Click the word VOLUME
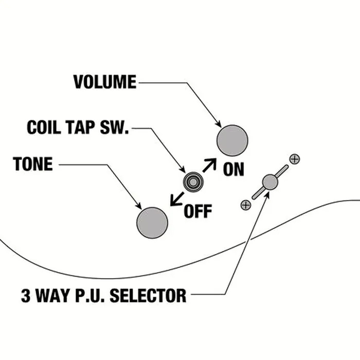[x=105, y=82]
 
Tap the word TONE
[x=33, y=164]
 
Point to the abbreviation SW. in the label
[x=114, y=127]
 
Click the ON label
[x=233, y=169]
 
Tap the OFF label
[x=198, y=211]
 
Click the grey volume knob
[x=232, y=140]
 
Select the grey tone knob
[x=152, y=223]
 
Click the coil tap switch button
[x=193, y=182]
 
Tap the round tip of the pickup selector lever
[x=270, y=182]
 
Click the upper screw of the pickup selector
[x=295, y=159]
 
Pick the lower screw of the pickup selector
[x=246, y=205]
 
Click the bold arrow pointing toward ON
[x=209, y=165]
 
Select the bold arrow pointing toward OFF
[x=177, y=199]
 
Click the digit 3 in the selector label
[x=26, y=296]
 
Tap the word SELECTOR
[x=148, y=296]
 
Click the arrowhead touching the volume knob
[x=219, y=124]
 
